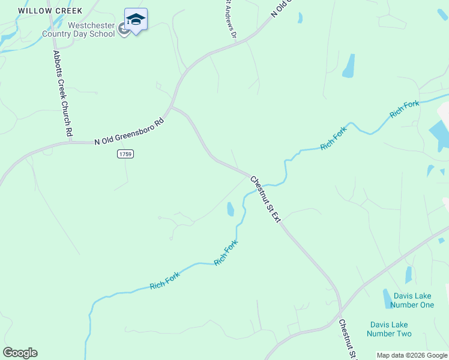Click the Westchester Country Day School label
click(x=78, y=29)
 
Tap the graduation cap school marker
click(x=136, y=20)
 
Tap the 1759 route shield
click(x=125, y=154)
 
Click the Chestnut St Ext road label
click(x=265, y=199)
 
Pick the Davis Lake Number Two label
click(x=390, y=329)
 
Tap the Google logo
click(x=20, y=353)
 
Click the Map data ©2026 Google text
click(x=412, y=355)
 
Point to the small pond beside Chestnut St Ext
click(x=231, y=209)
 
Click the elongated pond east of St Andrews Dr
click(x=348, y=66)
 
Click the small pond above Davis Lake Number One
click(x=409, y=274)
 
